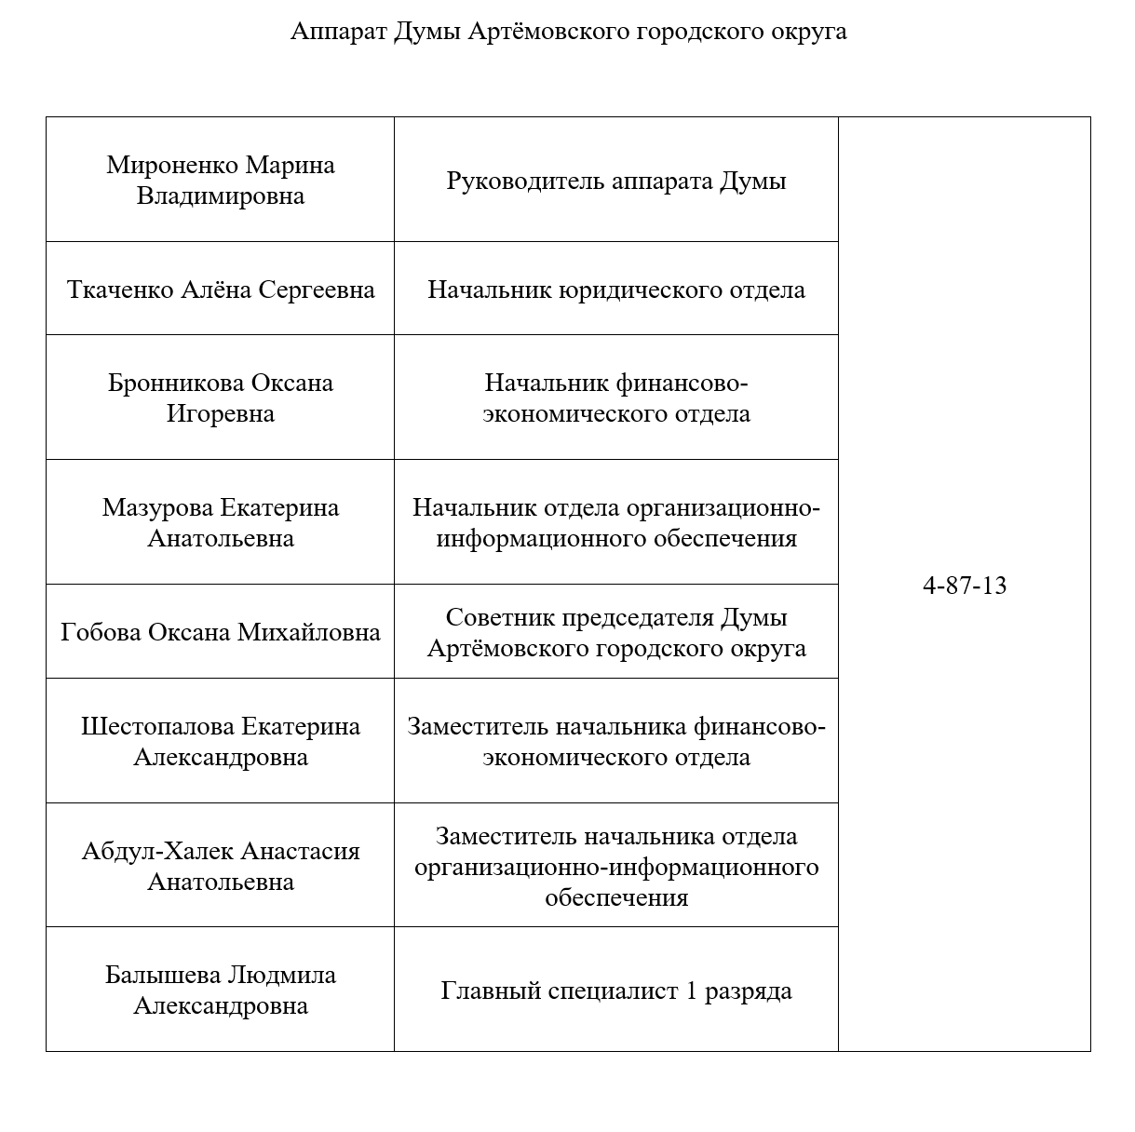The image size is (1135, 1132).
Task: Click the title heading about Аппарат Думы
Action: (x=568, y=32)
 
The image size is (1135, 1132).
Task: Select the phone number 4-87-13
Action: (x=964, y=586)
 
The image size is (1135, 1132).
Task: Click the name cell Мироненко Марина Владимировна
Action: (x=221, y=181)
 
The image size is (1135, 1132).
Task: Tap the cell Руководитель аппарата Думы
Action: (x=615, y=181)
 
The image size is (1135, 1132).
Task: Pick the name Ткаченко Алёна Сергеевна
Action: (x=221, y=290)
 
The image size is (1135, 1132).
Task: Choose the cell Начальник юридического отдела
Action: (x=615, y=290)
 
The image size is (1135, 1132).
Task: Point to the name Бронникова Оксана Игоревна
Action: (x=221, y=398)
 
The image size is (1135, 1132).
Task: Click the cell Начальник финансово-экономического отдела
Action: (x=615, y=398)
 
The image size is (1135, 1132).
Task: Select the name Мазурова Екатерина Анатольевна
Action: (x=221, y=522)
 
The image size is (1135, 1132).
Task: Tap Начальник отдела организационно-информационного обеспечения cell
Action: (x=615, y=522)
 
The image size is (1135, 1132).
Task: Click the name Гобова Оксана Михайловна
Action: (x=221, y=632)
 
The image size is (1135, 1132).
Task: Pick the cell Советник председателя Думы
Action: (x=615, y=632)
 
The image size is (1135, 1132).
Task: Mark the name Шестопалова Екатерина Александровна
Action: (x=221, y=741)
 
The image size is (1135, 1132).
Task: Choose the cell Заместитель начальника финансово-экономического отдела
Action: (x=615, y=741)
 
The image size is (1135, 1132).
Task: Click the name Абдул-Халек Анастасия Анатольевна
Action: (x=221, y=866)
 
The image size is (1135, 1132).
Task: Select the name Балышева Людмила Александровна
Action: (x=221, y=990)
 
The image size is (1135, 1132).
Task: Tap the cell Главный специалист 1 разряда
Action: (x=615, y=990)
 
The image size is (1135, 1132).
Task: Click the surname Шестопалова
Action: (x=157, y=726)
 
